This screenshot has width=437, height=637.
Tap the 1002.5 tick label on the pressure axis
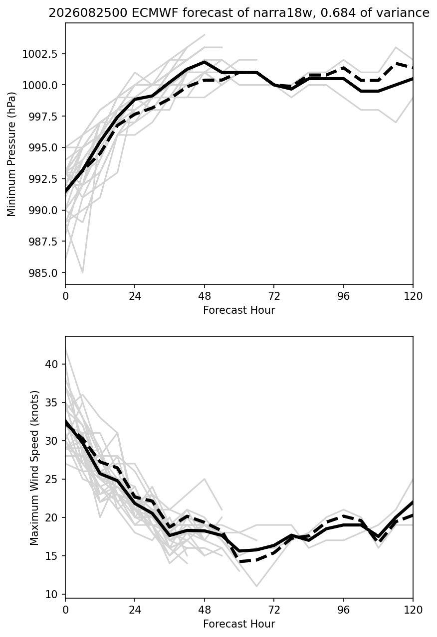(40, 54)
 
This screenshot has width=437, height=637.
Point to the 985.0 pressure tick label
(43, 273)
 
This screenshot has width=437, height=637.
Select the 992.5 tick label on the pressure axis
(43, 179)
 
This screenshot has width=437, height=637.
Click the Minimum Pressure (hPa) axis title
(11, 153)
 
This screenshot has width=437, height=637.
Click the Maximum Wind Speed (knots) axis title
(34, 468)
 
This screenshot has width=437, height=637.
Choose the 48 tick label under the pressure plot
(205, 296)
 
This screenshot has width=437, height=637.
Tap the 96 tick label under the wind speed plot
(344, 610)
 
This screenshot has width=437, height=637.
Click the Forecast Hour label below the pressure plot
(239, 310)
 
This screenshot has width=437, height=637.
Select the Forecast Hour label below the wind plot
(239, 624)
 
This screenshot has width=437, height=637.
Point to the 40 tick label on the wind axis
(51, 364)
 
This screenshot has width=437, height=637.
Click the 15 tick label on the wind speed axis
(51, 556)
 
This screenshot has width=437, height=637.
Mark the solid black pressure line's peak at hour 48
(205, 61)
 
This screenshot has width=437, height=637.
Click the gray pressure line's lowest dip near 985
(83, 272)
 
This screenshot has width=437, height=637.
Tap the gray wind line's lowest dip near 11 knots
(257, 586)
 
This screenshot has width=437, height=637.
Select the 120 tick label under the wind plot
(413, 610)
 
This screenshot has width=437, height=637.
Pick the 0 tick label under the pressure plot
(65, 296)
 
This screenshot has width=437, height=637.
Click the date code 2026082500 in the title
(88, 13)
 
